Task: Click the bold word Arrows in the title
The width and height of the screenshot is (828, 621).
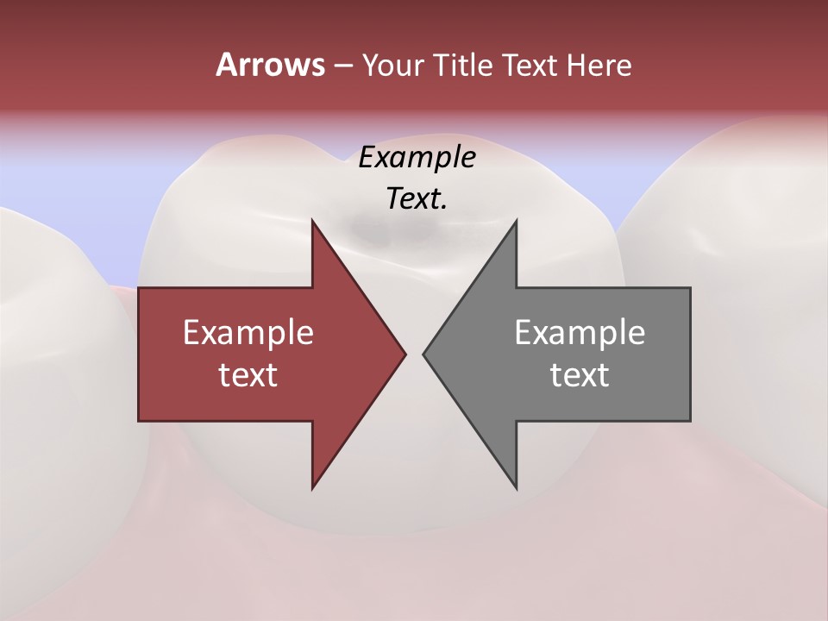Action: pyautogui.click(x=269, y=65)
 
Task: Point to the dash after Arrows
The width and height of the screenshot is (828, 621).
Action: pyautogui.click(x=342, y=66)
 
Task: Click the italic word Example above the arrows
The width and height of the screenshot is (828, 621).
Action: pyautogui.click(x=417, y=157)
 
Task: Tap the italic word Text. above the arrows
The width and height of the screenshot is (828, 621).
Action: pyautogui.click(x=417, y=199)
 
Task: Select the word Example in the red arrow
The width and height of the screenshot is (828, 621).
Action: pyautogui.click(x=248, y=333)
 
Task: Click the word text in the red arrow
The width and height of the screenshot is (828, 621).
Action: pyautogui.click(x=248, y=375)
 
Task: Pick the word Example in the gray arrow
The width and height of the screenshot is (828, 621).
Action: pyautogui.click(x=580, y=333)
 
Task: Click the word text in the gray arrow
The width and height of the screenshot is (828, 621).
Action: pyautogui.click(x=580, y=375)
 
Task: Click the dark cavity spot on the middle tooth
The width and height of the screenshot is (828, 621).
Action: pyautogui.click(x=371, y=229)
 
